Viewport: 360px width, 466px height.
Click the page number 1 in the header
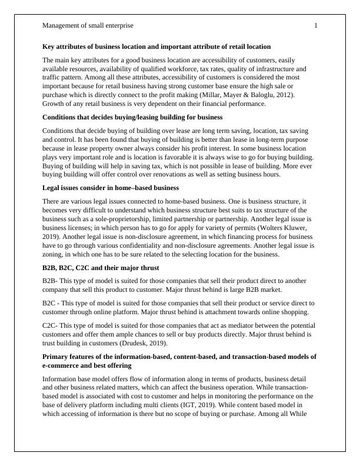[316, 25]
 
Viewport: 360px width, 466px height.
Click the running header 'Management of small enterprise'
[88, 25]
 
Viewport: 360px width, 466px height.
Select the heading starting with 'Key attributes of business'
[156, 46]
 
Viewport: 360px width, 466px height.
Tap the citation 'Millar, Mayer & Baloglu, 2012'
[256, 95]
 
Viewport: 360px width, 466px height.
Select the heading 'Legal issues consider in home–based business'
[111, 188]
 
